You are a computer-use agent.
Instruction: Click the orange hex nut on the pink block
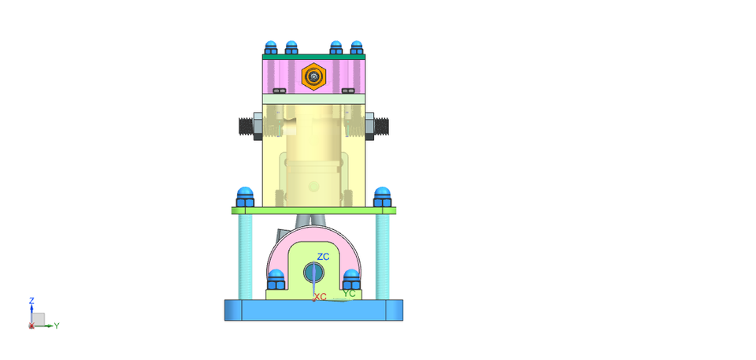click(314, 76)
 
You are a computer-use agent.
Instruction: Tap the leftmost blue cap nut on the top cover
click(272, 47)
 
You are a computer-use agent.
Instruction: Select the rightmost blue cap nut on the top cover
click(357, 47)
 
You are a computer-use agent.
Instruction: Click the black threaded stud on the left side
click(244, 126)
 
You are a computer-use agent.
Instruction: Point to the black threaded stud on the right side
click(383, 126)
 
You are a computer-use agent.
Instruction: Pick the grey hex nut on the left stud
click(258, 126)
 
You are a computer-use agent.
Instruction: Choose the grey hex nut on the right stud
click(369, 126)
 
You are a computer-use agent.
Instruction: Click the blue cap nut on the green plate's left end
click(244, 197)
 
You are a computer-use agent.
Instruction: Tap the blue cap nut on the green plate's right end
click(383, 197)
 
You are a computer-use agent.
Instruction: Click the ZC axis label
click(323, 257)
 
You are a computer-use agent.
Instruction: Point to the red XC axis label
click(321, 297)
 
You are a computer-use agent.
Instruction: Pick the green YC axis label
click(349, 294)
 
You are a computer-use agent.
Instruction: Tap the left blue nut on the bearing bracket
click(276, 280)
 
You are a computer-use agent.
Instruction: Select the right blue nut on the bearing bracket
click(351, 280)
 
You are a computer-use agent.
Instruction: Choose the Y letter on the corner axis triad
click(57, 325)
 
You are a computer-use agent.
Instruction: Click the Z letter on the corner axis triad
click(31, 300)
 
